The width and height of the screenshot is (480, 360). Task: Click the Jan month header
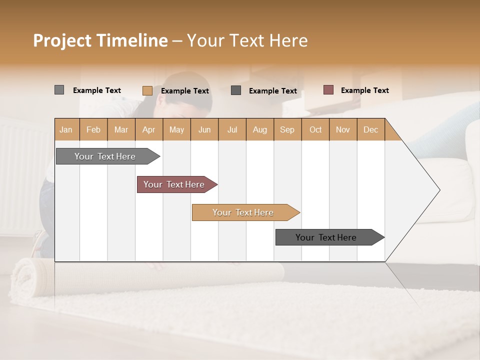pos(66,129)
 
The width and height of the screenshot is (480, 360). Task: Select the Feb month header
pos(93,129)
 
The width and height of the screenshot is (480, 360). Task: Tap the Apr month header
pos(148,129)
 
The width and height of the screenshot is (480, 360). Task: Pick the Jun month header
pos(204,129)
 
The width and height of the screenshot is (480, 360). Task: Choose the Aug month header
pos(259,129)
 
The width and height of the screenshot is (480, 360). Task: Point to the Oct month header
pos(315,129)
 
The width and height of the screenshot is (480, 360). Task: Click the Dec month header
pos(370,129)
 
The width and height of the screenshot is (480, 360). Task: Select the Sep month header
pos(287,129)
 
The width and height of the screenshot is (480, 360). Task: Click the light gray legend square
pos(59,90)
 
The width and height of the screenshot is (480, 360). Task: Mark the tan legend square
pos(147,90)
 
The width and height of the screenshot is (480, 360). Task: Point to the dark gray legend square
pos(236,90)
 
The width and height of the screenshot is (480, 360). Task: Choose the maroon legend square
pos(328,90)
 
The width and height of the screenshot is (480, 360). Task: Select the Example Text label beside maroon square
pos(364,90)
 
